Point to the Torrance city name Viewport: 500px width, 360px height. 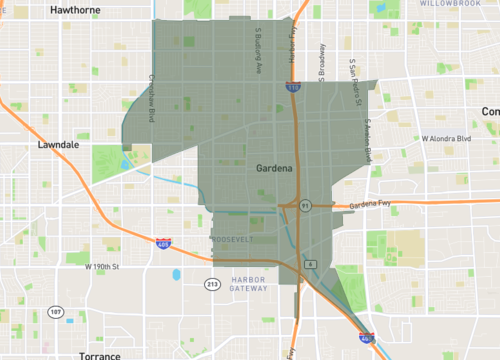click(100, 355)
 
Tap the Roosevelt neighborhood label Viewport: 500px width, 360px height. click(235, 240)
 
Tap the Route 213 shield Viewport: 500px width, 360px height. click(212, 285)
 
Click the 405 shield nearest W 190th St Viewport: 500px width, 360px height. click(164, 242)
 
